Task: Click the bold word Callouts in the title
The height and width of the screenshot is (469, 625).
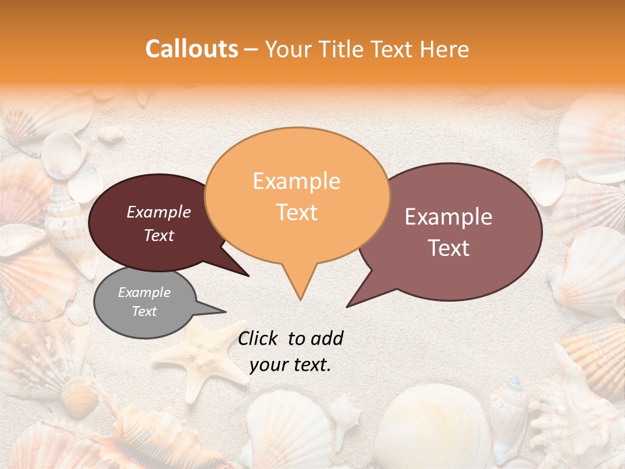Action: pos(191,49)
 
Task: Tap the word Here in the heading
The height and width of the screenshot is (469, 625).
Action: pos(444,50)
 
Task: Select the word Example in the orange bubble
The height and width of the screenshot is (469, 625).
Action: pos(296,181)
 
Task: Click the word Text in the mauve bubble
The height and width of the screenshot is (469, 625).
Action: pos(449,248)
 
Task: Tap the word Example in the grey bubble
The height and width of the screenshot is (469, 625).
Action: pos(144,292)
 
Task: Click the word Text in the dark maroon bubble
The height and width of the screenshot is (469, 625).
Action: pos(159,236)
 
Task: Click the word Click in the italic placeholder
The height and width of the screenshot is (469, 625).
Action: pos(258,338)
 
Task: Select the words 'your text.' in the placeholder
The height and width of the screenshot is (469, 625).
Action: pos(290,365)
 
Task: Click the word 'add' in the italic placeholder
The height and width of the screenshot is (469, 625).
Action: pos(327,338)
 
